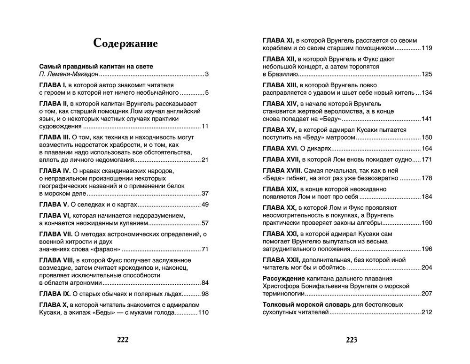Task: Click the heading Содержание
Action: (x=125, y=43)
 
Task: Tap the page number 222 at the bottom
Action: (x=122, y=340)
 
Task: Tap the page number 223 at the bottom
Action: (x=352, y=340)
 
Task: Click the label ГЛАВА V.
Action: (x=54, y=205)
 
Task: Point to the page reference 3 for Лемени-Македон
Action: (x=207, y=75)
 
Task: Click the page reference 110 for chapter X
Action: (x=203, y=313)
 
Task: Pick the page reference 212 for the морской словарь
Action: (x=427, y=312)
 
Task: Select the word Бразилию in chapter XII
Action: (x=280, y=74)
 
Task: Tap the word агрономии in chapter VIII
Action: (x=85, y=283)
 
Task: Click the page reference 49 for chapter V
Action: (x=205, y=205)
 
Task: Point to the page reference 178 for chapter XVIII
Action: (x=427, y=178)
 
